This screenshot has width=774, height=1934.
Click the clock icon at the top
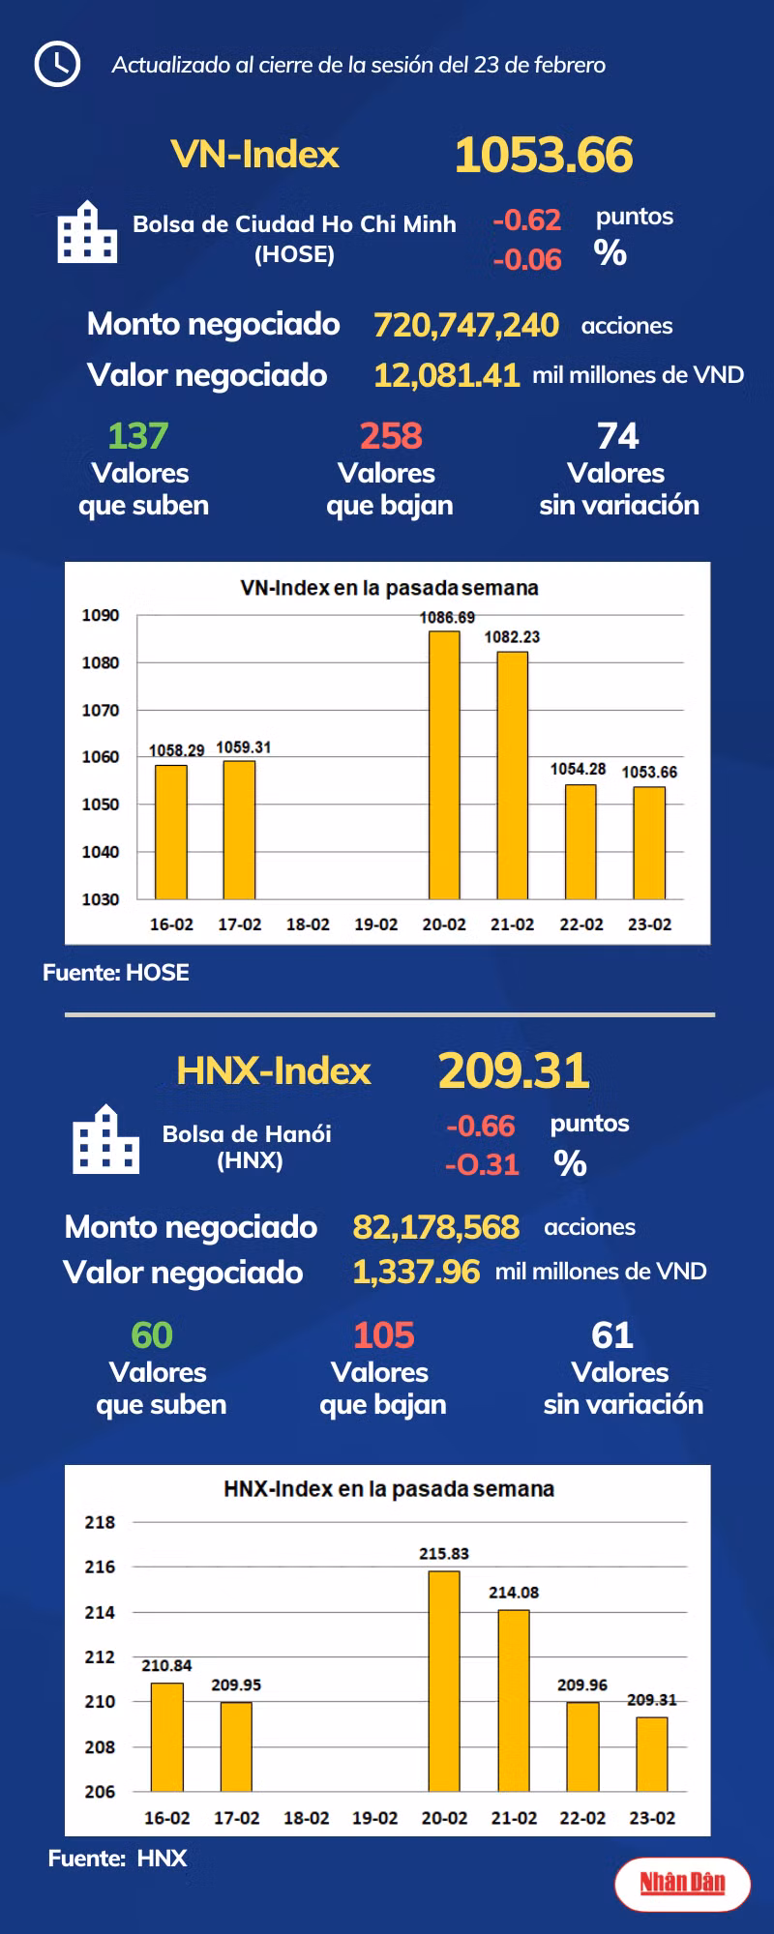click(57, 64)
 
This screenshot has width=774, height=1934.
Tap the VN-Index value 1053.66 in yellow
click(544, 155)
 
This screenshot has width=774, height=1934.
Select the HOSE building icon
click(87, 232)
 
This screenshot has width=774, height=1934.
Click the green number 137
click(138, 436)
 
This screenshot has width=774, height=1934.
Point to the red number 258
click(391, 436)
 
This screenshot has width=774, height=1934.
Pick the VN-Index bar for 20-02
click(444, 765)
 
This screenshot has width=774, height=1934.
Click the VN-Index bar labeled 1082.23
click(513, 776)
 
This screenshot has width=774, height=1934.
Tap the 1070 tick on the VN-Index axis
click(101, 710)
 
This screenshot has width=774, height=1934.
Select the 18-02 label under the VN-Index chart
click(308, 924)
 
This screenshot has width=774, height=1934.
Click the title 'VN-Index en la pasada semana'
click(389, 588)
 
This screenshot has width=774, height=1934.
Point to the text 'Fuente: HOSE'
click(116, 973)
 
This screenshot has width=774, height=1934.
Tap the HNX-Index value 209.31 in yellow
click(514, 1070)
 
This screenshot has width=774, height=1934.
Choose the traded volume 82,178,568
click(436, 1227)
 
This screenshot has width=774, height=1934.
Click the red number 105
click(384, 1335)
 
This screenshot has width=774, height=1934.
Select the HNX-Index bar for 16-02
click(167, 1737)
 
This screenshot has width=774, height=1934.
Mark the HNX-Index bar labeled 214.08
click(514, 1700)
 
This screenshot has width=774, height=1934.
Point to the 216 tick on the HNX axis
click(100, 1567)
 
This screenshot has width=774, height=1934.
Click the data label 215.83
click(444, 1553)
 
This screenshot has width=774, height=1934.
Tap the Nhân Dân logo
click(683, 1883)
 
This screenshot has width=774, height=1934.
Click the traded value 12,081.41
click(447, 375)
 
